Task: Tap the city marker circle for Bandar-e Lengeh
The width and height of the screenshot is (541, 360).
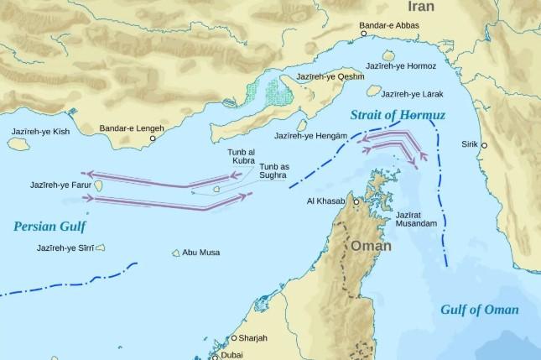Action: coord(153,138)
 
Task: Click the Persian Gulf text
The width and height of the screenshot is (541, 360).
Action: coord(49,226)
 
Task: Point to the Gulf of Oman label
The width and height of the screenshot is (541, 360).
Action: coord(480,310)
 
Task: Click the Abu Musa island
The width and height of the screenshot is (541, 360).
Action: coord(176,253)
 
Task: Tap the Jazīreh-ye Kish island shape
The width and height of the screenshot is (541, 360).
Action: coord(18,144)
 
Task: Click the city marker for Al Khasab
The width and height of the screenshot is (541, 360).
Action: coord(356,202)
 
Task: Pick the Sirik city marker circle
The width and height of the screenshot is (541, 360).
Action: coord(483,145)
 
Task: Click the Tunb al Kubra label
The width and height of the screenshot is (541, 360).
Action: coord(241,156)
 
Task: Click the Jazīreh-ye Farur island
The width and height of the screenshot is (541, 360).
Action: coord(98,185)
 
